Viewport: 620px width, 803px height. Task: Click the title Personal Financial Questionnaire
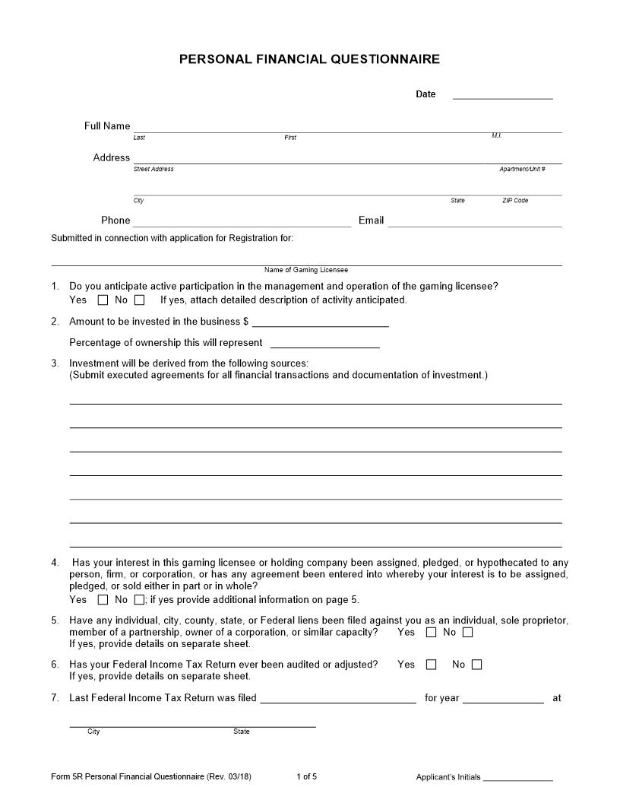point(309,59)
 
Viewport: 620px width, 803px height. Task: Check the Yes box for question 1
point(103,300)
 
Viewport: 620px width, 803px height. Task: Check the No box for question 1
point(139,300)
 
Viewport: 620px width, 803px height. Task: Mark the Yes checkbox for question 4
point(103,599)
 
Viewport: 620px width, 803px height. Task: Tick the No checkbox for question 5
point(467,632)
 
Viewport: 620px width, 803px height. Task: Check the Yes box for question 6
point(431,665)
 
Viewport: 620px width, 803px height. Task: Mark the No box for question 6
point(476,665)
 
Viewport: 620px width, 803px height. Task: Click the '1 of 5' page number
point(306,776)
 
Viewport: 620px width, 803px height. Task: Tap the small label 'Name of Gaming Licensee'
point(306,270)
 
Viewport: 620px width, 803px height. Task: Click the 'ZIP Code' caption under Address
point(515,201)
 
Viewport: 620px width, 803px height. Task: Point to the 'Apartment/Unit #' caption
point(522,169)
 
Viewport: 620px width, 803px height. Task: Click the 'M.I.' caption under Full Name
point(497,135)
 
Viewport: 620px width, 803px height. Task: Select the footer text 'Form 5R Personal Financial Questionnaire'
point(150,776)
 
